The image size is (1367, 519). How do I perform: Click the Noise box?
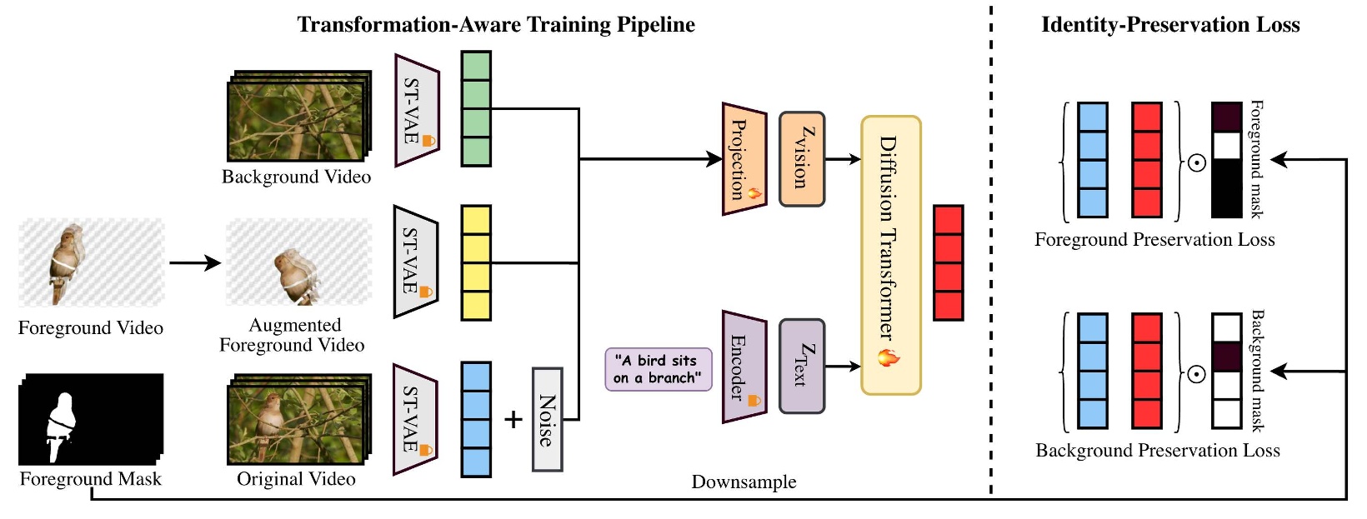pyautogui.click(x=547, y=419)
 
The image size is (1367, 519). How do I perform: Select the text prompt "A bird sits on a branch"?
pyautogui.click(x=658, y=369)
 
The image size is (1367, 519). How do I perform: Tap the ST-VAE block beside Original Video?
pyautogui.click(x=415, y=419)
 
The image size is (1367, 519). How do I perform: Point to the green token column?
pyautogui.click(x=476, y=108)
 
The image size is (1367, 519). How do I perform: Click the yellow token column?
pyautogui.click(x=476, y=262)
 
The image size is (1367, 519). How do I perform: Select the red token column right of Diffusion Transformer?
pyautogui.click(x=948, y=262)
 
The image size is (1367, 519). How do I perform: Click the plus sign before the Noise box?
pyautogui.click(x=513, y=419)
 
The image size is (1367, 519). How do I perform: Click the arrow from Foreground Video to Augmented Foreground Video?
pyautogui.click(x=194, y=263)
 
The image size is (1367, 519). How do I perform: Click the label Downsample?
pyautogui.click(x=744, y=482)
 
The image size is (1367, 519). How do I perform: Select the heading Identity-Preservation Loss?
pyautogui.click(x=1170, y=25)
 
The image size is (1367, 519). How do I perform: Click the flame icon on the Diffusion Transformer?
pyautogui.click(x=889, y=358)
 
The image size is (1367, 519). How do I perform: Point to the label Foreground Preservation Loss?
pyautogui.click(x=1154, y=240)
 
